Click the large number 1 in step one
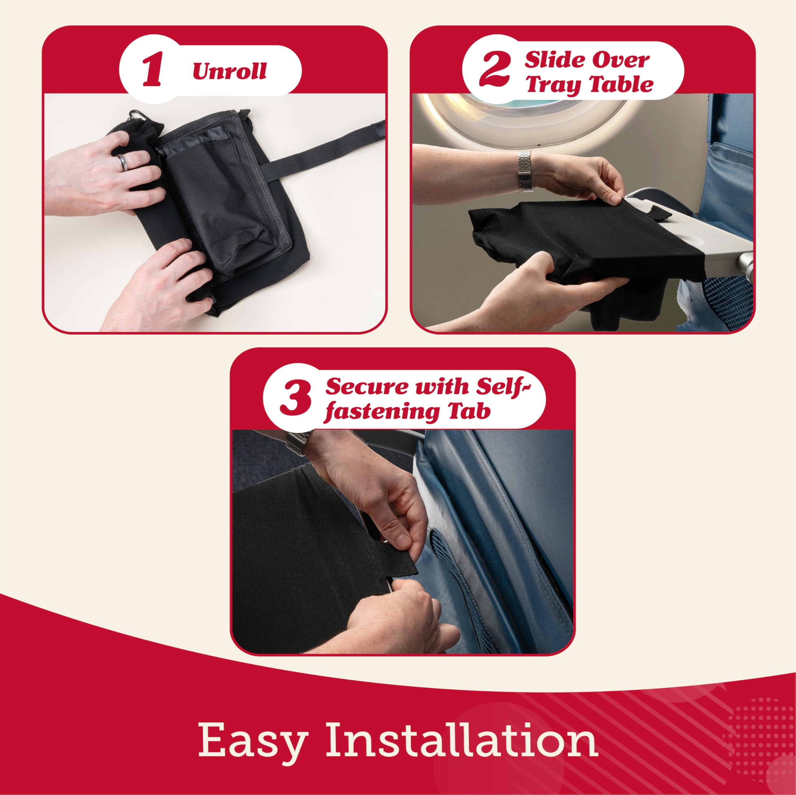152,72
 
